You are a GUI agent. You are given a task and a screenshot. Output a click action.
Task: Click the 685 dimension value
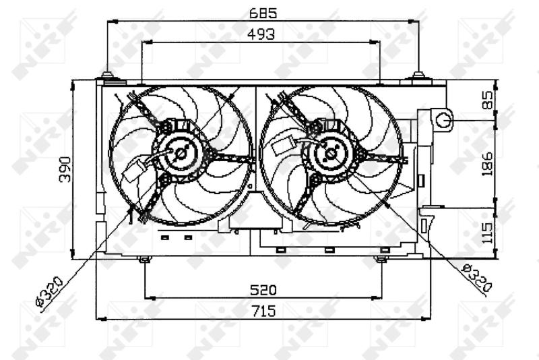[263, 13]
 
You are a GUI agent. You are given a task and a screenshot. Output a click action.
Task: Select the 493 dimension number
[261, 34]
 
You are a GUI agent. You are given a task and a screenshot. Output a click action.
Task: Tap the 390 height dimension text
[65, 169]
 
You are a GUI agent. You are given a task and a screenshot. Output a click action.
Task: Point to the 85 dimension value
[487, 100]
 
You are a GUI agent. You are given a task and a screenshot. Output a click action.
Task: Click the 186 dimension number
[486, 164]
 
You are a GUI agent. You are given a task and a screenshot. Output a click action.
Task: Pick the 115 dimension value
[486, 233]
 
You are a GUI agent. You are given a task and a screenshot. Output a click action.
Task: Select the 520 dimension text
[263, 290]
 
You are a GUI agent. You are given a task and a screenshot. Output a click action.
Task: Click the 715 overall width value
[263, 311]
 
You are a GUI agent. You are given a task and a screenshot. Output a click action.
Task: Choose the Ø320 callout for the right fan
[477, 278]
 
